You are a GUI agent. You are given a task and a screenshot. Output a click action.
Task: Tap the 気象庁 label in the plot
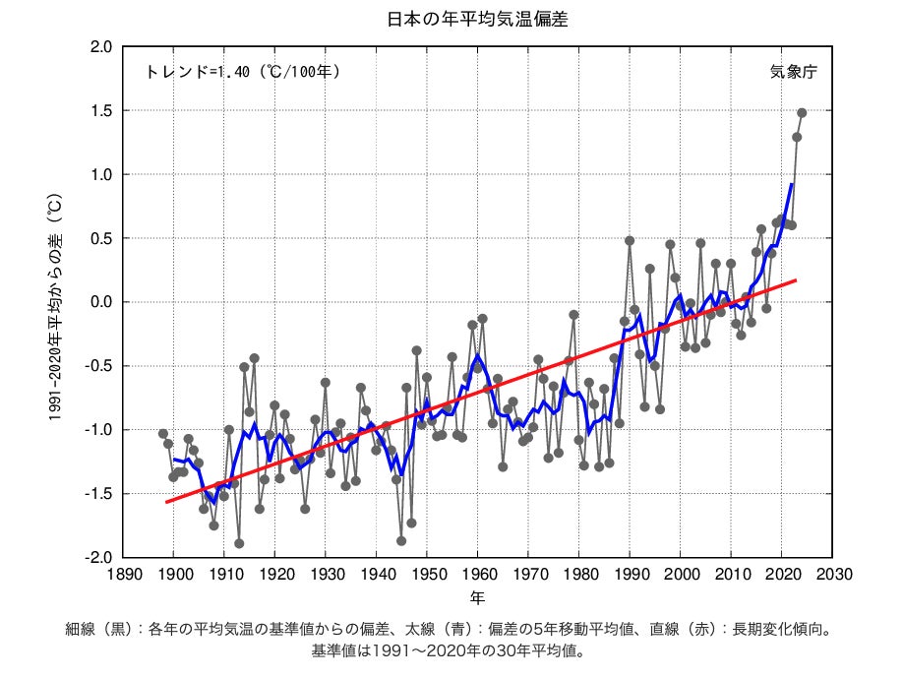click(x=793, y=72)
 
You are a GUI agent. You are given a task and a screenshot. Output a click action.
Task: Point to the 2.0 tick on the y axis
click(x=101, y=47)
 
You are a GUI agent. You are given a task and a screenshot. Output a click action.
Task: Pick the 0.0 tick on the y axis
click(x=101, y=302)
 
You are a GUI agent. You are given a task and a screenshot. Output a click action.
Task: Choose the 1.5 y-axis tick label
click(x=101, y=111)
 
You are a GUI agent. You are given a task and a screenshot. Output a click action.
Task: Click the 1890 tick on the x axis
click(x=123, y=574)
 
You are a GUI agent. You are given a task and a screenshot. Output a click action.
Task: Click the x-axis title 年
click(x=477, y=597)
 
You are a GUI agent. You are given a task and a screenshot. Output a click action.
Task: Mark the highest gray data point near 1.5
click(x=802, y=113)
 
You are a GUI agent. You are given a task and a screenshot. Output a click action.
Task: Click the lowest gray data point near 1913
click(x=239, y=543)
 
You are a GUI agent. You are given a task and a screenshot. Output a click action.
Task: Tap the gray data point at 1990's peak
click(x=630, y=240)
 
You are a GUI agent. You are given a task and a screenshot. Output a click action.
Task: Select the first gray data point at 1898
click(x=163, y=433)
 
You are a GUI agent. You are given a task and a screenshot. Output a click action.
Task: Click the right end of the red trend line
click(x=795, y=280)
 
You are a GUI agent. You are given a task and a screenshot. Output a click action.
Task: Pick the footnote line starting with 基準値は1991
click(x=451, y=650)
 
